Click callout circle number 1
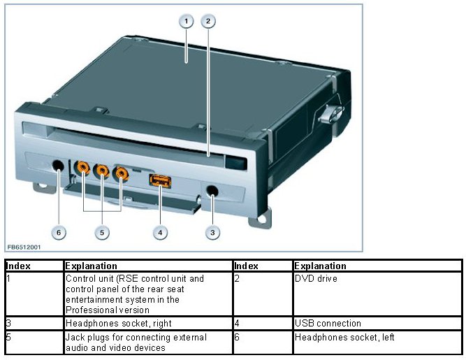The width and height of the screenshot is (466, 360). [x=185, y=22]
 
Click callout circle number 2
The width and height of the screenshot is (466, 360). [x=207, y=22]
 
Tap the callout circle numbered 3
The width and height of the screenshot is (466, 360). [x=211, y=233]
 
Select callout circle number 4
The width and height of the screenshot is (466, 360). [x=161, y=233]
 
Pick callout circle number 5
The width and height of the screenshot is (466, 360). [x=103, y=233]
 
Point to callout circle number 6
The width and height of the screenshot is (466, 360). [x=59, y=233]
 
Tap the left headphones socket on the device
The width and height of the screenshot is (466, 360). [x=59, y=167]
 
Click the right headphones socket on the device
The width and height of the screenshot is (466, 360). [x=210, y=190]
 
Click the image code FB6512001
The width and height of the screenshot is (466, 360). [x=24, y=247]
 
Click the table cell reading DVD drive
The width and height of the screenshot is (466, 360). [x=315, y=278]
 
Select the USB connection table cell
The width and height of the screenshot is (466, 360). [x=328, y=324]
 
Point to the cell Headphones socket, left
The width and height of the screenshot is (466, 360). [x=344, y=338]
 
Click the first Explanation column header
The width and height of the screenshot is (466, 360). [x=89, y=266]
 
